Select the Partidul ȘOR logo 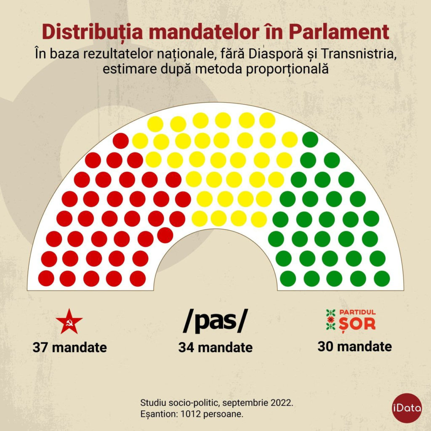pos(351,320)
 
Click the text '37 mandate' pos(69,348)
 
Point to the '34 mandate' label pos(215,348)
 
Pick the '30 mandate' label pos(354,346)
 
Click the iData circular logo pos(407,407)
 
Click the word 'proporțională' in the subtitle pos(289,69)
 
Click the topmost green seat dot pos(310,140)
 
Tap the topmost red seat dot pos(120,141)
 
